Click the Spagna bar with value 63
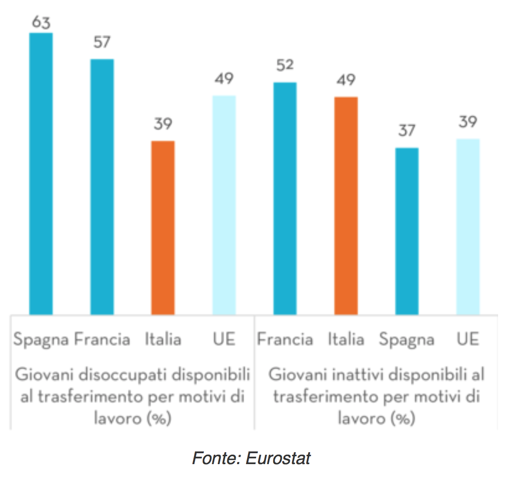point(41,174)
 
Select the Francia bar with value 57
point(102,186)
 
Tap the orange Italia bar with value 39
point(163,228)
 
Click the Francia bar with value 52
point(285,198)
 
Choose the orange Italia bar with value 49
point(346,205)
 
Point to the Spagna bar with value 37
point(407,231)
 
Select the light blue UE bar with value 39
point(468,227)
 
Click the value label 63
point(41,23)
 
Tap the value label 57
point(102,43)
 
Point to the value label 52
point(285,65)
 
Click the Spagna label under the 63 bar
point(41,340)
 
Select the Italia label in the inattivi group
point(346,340)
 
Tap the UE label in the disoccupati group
point(224,340)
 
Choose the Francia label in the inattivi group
point(285,340)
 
